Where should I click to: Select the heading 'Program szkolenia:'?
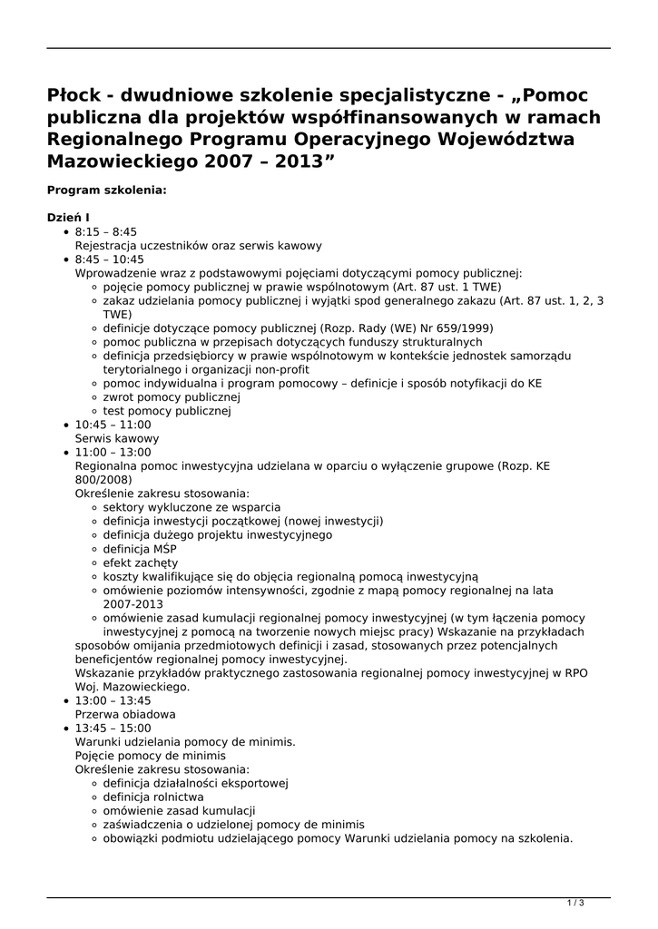tap(106, 191)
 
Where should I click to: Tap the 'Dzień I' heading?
tap(68, 218)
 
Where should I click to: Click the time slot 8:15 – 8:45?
tap(105, 232)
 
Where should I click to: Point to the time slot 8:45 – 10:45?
tap(109, 259)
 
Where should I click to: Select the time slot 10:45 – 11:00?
tap(113, 425)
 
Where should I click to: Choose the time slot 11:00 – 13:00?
tap(113, 452)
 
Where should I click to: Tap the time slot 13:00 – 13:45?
tap(113, 700)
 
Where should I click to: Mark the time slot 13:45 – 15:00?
tap(113, 728)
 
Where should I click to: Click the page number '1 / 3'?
tap(575, 902)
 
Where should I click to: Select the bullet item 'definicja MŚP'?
tap(140, 549)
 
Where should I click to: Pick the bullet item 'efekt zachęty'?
tap(140, 562)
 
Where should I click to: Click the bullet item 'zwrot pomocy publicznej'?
tap(171, 397)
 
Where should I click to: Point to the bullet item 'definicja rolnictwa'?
tap(152, 797)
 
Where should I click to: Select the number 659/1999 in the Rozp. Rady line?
tap(466, 328)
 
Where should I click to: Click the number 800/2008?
tap(103, 480)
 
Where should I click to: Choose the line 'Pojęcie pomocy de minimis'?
tap(151, 756)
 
